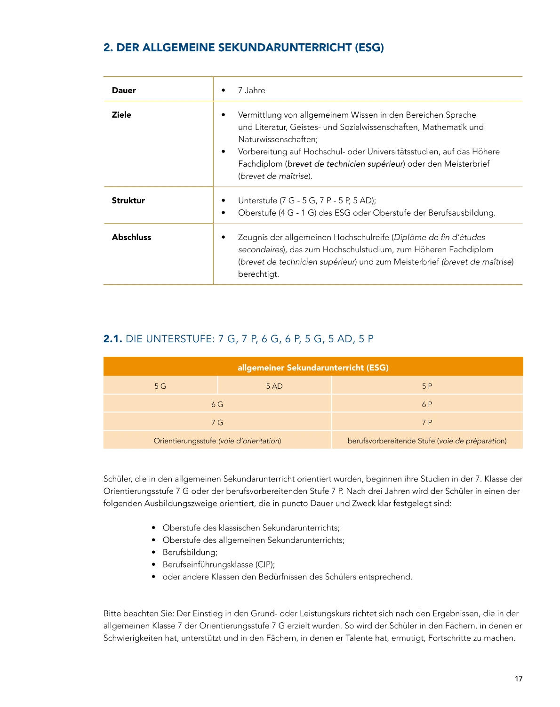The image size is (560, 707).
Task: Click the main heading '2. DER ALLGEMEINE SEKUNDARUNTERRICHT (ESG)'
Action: click(243, 48)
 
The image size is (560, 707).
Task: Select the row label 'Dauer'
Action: click(124, 90)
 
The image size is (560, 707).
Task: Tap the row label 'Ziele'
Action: click(121, 115)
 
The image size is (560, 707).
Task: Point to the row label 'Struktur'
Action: click(128, 201)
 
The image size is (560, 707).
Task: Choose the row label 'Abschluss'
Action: click(131, 237)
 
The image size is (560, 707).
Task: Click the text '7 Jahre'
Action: click(251, 90)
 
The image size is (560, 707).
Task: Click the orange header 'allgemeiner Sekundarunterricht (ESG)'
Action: click(313, 368)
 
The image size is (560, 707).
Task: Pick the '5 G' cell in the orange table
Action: click(160, 386)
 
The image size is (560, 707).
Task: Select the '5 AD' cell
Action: click(274, 386)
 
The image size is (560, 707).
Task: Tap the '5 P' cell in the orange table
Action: click(427, 386)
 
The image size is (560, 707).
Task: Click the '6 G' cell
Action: click(217, 404)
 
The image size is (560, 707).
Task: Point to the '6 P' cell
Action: click(427, 404)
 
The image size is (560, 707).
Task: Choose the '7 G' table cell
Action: click(217, 423)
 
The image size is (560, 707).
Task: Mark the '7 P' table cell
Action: click(427, 423)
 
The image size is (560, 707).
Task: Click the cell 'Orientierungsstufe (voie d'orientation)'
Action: click(217, 441)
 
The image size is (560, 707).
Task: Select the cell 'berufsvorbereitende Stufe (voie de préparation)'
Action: click(427, 441)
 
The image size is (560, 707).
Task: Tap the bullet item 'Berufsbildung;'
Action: click(190, 552)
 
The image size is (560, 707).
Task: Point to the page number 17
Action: click(519, 679)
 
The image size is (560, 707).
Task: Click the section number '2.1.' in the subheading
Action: click(112, 339)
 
